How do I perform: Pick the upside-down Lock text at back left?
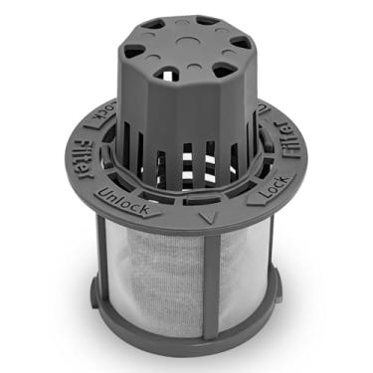click(104, 110)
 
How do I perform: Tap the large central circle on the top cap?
click(187, 40)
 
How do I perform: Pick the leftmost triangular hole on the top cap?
click(134, 42)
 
